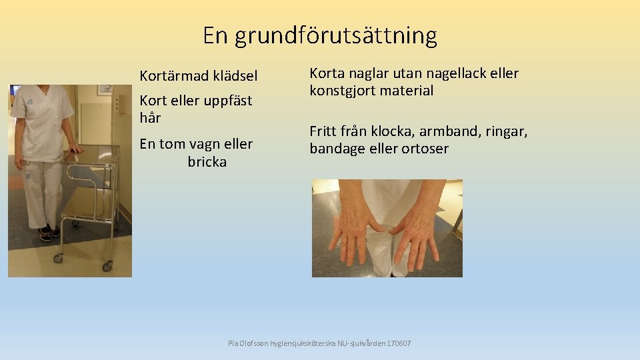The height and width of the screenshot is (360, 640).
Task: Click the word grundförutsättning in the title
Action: [x=336, y=35]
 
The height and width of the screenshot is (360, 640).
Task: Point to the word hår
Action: [x=150, y=118]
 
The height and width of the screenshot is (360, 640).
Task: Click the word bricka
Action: [x=207, y=162]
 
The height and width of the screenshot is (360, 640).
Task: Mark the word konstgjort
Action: [x=343, y=91]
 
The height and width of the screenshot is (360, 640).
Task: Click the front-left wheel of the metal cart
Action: [x=59, y=257]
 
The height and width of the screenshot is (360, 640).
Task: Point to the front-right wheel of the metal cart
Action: [x=107, y=266]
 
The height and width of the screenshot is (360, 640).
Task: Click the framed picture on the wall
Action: [x=105, y=89]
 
